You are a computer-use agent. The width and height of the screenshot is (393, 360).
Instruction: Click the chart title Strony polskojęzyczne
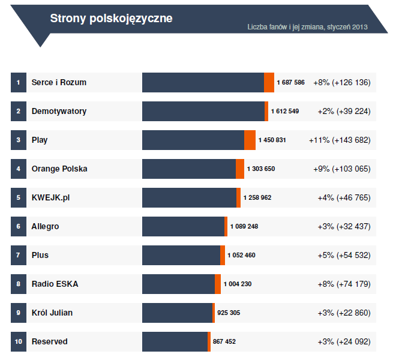pos(111,19)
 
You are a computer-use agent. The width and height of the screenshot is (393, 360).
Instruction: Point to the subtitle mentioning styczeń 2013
pos(307,27)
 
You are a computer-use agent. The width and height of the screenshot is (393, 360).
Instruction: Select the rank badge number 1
pos(19,82)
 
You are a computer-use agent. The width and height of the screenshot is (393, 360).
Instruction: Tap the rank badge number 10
pos(19,341)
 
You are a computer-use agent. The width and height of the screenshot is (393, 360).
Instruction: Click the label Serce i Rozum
pos(59,82)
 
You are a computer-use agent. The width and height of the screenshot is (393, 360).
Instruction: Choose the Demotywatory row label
pos(59,111)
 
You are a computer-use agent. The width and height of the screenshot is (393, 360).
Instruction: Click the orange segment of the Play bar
pos(250,140)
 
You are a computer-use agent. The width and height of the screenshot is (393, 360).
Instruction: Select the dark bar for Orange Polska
pos(189,169)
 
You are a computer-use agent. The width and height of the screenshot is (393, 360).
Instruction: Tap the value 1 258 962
pos(257,197)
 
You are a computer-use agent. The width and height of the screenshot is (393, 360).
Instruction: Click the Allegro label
pos(45,226)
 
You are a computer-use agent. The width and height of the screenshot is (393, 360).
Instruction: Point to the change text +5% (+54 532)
pos(344,255)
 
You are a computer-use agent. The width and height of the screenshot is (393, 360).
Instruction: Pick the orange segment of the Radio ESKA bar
pos(218,284)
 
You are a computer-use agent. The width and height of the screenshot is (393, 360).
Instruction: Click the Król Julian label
pos(52,313)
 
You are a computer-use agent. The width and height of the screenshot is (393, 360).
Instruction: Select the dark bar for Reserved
pos(175,341)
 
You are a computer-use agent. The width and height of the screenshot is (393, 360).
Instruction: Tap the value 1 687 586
pos(290,82)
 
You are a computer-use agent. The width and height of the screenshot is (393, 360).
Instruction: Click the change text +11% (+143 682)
pos(340,140)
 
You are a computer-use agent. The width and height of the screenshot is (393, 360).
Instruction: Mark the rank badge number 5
pos(19,197)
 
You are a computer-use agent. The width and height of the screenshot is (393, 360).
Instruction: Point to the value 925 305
pos(229,313)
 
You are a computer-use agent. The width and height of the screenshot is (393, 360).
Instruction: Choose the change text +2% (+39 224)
pos(344,111)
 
